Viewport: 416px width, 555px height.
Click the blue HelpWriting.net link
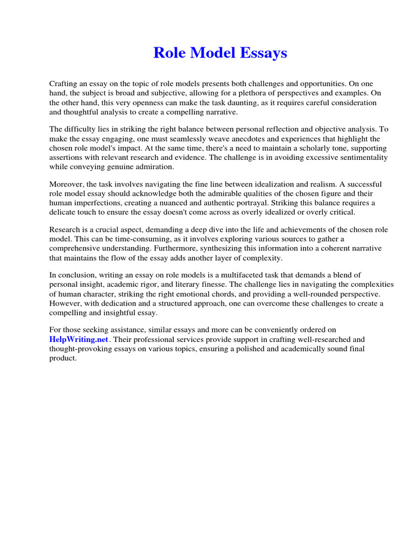point(80,339)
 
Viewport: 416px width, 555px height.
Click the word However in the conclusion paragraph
point(67,303)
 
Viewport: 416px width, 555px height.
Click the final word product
point(63,358)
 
